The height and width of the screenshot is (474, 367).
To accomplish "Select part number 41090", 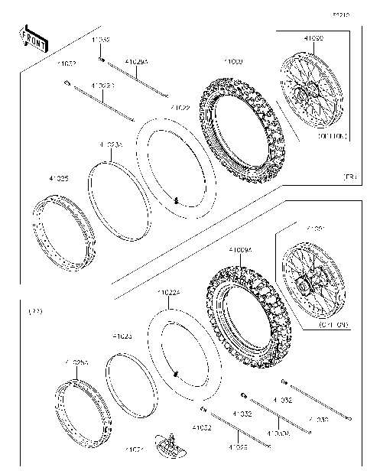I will pyautogui.click(x=313, y=38).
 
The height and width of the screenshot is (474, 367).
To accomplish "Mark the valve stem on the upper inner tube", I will pyautogui.click(x=177, y=201).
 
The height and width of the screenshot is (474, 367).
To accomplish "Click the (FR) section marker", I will pyautogui.click(x=350, y=177).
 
